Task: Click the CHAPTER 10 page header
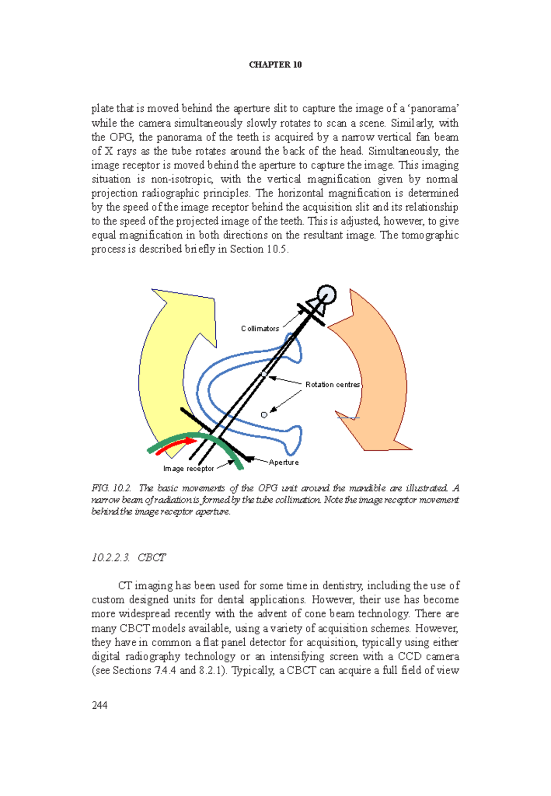275,65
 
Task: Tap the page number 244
100,705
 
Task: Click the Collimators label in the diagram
260,329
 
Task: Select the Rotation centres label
332,385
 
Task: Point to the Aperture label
284,463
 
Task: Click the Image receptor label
188,469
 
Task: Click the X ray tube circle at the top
326,294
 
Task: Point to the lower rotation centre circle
264,415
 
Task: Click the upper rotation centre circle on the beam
264,374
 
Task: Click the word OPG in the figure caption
267,488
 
